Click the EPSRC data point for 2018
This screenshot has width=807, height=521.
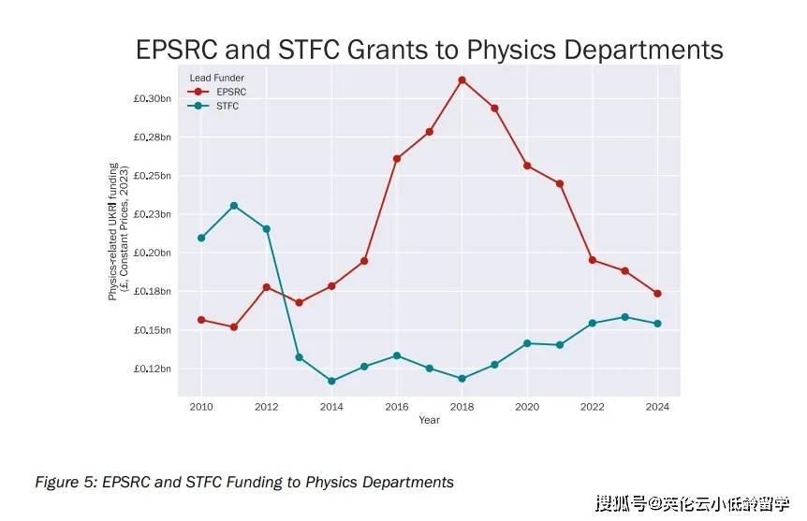coord(462,80)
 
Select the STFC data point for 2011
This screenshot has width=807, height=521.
coord(234,206)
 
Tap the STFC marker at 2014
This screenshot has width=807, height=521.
coord(331,381)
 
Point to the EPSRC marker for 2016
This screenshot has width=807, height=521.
coord(397,159)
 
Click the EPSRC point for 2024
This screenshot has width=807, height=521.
coord(658,294)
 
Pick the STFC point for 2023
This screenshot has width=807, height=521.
coord(625,317)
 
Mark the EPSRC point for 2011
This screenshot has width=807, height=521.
coord(234,327)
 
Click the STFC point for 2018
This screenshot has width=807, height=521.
coord(462,379)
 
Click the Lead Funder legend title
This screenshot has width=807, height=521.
coord(216,78)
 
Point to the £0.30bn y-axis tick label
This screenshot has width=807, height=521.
coord(154,98)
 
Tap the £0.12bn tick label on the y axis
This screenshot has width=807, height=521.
coord(154,369)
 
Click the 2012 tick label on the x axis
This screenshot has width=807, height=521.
coord(267,407)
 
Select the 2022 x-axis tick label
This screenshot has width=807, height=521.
coord(593,407)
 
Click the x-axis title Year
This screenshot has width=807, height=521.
coord(429,420)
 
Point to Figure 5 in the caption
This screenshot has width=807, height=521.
coord(65,483)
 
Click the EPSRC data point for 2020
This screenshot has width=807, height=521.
coord(528,166)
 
